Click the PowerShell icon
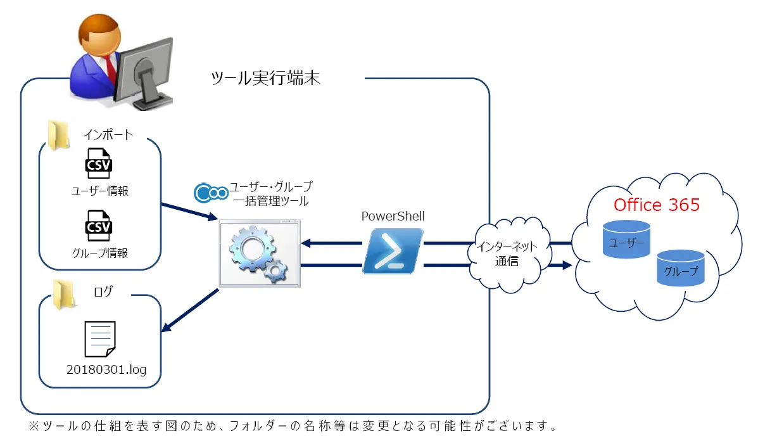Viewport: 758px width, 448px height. click(x=393, y=251)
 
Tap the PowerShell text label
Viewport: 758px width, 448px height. click(x=393, y=216)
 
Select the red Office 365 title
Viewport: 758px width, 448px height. click(x=657, y=205)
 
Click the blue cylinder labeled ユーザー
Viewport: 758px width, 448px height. click(x=626, y=239)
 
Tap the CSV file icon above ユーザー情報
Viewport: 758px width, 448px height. click(x=99, y=163)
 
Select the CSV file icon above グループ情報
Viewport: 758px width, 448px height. click(x=99, y=225)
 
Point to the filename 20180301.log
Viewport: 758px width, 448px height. click(x=106, y=369)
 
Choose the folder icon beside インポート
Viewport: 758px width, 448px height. click(x=60, y=134)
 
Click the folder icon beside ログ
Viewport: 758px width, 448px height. click(x=63, y=295)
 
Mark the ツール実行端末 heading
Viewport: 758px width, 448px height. click(x=266, y=79)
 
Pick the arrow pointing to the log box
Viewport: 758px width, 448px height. click(x=190, y=310)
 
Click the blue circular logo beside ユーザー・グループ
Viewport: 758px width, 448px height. click(x=210, y=191)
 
